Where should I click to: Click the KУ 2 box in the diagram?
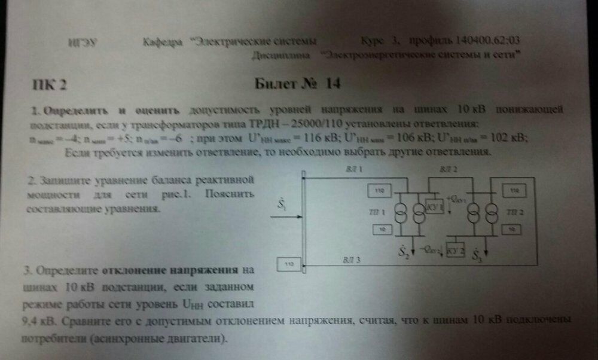coord(456,251)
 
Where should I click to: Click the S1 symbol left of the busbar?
coord(282,205)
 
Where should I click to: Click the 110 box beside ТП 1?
coord(380,190)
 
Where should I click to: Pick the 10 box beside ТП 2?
coord(512,228)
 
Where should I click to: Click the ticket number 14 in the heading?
coord(333,84)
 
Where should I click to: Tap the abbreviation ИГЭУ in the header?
coord(78,42)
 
